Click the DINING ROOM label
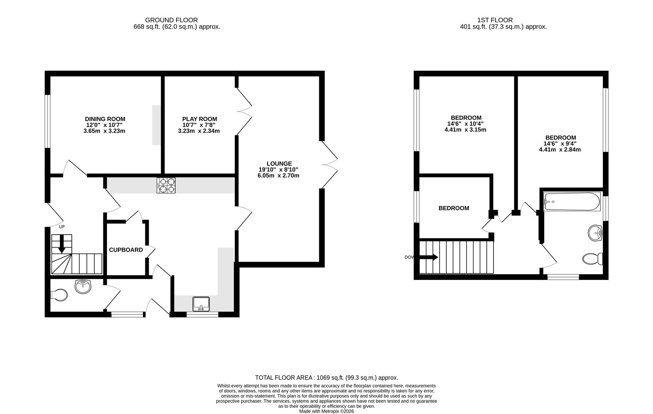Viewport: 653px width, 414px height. (105, 119)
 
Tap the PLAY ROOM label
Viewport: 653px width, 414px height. (199, 119)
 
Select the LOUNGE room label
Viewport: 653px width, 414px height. (279, 164)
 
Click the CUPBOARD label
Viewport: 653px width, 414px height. (126, 250)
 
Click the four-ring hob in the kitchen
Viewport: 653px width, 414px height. (166, 186)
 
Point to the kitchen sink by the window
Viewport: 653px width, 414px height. (201, 304)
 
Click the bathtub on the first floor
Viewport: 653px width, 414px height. (572, 202)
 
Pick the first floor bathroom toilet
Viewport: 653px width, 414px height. (592, 259)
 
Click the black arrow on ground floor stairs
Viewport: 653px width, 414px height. (61, 244)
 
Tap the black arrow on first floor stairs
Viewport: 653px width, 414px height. (429, 258)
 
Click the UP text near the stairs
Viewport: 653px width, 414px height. (62, 227)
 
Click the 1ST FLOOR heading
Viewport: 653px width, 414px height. (495, 20)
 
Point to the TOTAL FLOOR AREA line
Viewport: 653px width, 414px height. (326, 378)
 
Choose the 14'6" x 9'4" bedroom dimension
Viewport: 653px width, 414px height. (560, 144)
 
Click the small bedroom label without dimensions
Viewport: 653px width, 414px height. (454, 208)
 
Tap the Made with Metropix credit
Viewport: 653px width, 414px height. (326, 411)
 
